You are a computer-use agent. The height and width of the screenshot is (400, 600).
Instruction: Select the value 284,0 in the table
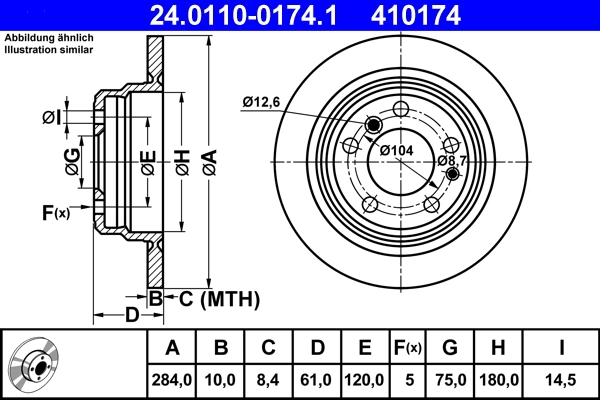point(171,380)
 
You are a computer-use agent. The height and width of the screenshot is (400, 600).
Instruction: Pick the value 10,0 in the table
point(221,380)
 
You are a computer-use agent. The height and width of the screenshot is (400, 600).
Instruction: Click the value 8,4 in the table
point(268,380)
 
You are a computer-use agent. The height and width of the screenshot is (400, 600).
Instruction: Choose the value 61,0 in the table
point(316,380)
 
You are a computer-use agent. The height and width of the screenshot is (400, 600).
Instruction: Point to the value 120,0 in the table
point(365,380)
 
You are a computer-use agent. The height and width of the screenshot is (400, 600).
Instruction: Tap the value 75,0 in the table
point(449,380)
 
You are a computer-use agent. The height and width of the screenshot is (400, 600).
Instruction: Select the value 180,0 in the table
point(500,380)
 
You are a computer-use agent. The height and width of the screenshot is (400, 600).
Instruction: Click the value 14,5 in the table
point(562,380)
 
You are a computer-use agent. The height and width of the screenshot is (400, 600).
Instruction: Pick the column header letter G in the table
point(449,348)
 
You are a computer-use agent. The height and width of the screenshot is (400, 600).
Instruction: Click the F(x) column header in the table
point(408,348)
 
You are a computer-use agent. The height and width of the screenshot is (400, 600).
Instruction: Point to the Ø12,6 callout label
point(262,101)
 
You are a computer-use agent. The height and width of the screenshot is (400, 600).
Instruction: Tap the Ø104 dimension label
point(397,150)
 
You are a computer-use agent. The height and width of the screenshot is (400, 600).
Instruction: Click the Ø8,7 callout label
point(453,161)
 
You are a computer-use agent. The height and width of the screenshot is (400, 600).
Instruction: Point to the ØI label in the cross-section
point(51,118)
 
